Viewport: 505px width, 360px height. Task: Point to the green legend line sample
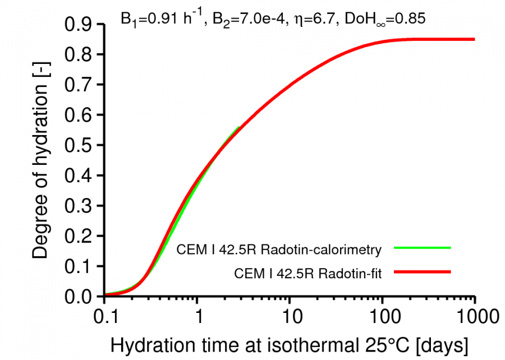tap(422, 247)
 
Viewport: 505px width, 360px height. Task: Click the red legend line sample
tap(422, 273)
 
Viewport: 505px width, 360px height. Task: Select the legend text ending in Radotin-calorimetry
tap(279, 248)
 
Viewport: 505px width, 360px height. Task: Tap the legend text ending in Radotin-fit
tap(308, 274)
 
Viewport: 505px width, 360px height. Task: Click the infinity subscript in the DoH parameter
tap(388, 22)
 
